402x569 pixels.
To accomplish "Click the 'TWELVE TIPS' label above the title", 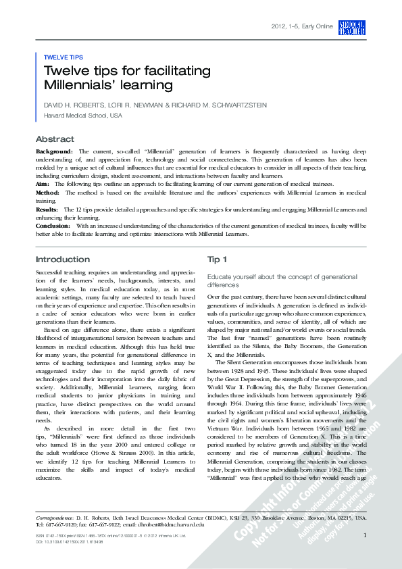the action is (x=64, y=57).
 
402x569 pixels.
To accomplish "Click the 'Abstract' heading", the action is (x=54, y=139).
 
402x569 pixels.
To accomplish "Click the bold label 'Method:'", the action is (x=49, y=192).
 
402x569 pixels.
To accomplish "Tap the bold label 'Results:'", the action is (x=48, y=209).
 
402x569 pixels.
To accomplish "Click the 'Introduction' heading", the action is (x=62, y=259).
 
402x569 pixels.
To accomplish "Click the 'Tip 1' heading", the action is (x=217, y=259).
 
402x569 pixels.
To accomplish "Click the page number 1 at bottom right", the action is (x=365, y=536).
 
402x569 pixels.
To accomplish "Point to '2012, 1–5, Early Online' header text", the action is (x=301, y=26).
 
